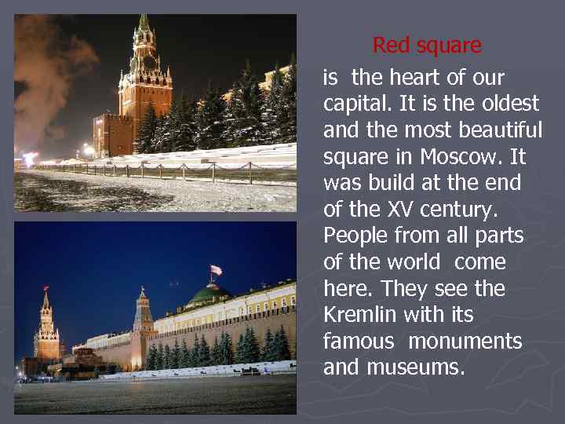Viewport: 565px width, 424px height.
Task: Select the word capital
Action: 353,104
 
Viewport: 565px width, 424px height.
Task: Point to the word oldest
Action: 509,104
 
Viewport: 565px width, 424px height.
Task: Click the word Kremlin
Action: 360,316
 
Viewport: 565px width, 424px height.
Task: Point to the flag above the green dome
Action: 216,270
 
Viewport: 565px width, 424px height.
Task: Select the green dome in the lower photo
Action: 208,294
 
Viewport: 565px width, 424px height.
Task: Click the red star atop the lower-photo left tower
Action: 46,288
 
